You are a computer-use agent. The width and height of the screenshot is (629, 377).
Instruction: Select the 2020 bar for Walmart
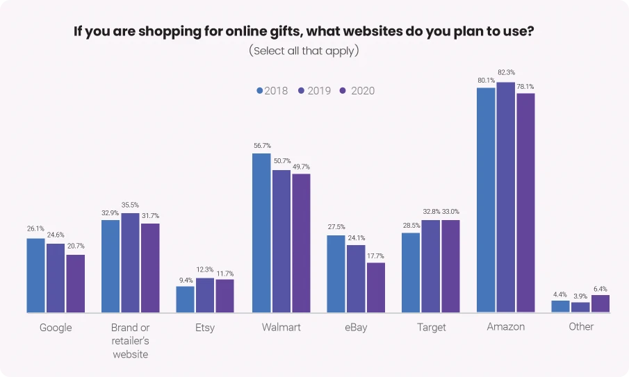pyautogui.click(x=301, y=243)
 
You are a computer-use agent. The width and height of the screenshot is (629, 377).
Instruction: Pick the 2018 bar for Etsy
pyautogui.click(x=185, y=299)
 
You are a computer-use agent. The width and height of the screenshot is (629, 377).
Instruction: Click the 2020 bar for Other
pyautogui.click(x=600, y=303)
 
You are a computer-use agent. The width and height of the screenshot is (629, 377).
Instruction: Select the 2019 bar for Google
pyautogui.click(x=56, y=278)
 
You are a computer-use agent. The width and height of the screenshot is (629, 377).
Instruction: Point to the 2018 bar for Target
pyautogui.click(x=411, y=272)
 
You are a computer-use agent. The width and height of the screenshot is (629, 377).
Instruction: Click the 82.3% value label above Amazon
pyautogui.click(x=506, y=73)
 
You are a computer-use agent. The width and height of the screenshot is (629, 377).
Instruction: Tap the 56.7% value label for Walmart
pyautogui.click(x=262, y=145)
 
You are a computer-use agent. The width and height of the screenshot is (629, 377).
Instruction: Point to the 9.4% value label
pyautogui.click(x=185, y=279)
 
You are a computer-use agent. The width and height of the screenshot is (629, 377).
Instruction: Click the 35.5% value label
pyautogui.click(x=130, y=205)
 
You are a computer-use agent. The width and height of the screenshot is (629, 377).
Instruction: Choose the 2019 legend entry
pyautogui.click(x=316, y=91)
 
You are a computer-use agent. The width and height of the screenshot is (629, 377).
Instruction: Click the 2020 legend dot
pyautogui.click(x=343, y=91)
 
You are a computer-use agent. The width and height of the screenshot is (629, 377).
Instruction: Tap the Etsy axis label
pyautogui.click(x=204, y=327)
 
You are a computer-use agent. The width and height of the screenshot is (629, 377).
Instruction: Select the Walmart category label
pyautogui.click(x=281, y=327)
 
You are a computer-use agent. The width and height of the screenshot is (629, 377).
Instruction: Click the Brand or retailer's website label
pyautogui.click(x=131, y=340)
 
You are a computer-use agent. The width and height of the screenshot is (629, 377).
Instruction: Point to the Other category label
pyautogui.click(x=581, y=326)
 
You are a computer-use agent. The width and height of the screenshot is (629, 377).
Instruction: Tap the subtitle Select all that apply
pyautogui.click(x=304, y=51)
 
